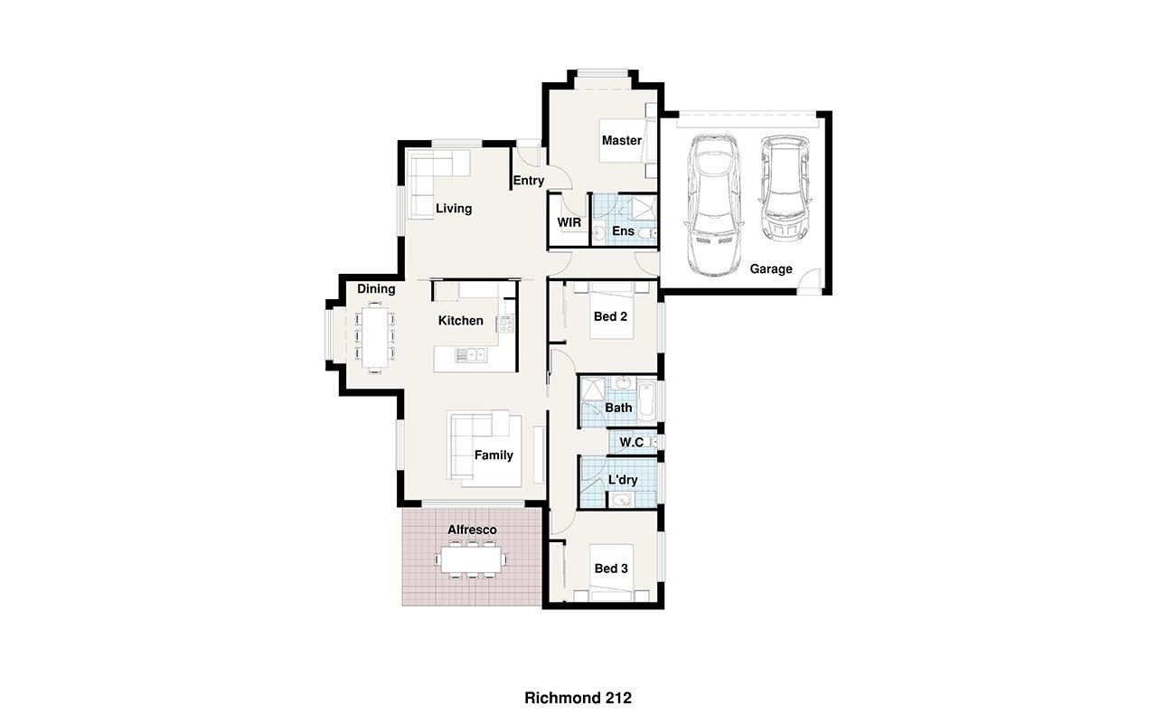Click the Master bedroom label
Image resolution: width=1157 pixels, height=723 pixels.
[621, 140]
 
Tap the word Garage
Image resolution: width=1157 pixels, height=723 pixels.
[771, 269]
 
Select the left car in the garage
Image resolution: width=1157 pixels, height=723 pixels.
[714, 204]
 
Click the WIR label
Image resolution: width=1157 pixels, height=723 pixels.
[569, 222]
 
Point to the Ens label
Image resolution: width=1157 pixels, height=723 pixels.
[623, 230]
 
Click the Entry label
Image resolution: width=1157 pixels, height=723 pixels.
[529, 181]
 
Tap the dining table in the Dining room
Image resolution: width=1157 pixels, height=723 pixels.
[374, 337]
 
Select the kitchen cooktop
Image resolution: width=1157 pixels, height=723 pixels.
[506, 324]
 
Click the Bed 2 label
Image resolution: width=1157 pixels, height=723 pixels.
[610, 316]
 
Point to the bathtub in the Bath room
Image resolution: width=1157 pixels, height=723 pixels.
[646, 400]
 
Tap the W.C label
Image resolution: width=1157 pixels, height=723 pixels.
[631, 443]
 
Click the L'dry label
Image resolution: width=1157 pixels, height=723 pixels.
[623, 480]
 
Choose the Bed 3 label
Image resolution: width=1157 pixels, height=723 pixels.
[611, 568]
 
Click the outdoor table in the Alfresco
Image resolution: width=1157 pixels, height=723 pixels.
[471, 559]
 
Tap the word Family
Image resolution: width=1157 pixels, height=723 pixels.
[494, 455]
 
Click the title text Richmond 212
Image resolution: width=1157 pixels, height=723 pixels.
[578, 699]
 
